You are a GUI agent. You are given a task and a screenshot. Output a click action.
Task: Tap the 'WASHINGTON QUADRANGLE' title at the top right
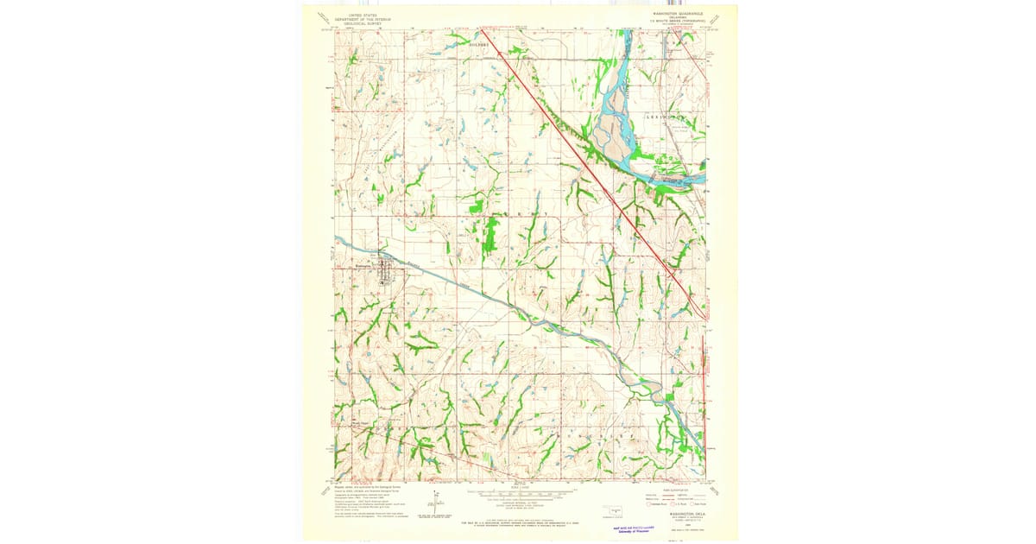(x=678, y=14)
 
